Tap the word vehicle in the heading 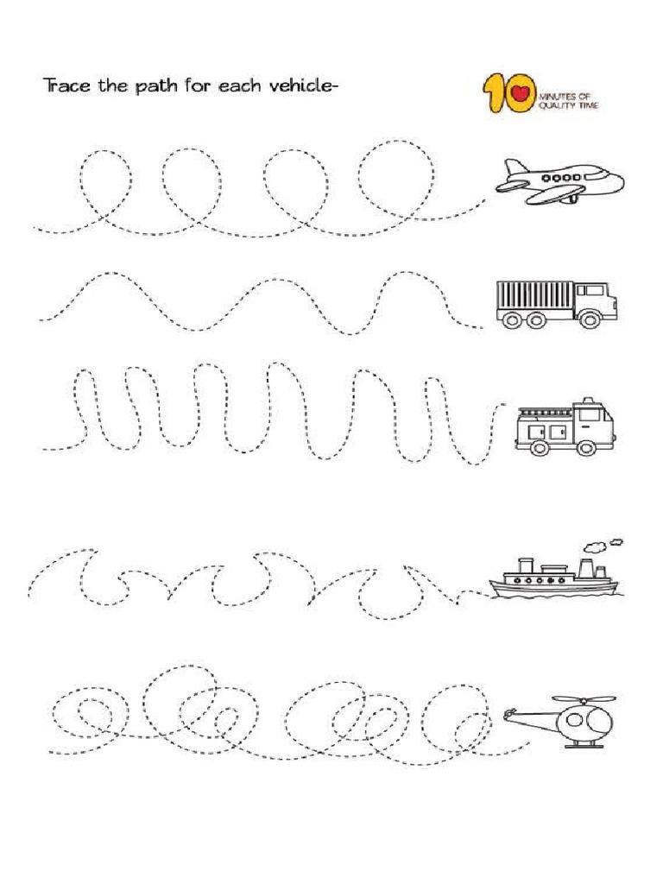(299, 86)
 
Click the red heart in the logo (520, 92)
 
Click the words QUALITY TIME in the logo (568, 105)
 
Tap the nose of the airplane (618, 181)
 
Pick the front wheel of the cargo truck (591, 319)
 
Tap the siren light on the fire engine (588, 401)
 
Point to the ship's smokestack (586, 568)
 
